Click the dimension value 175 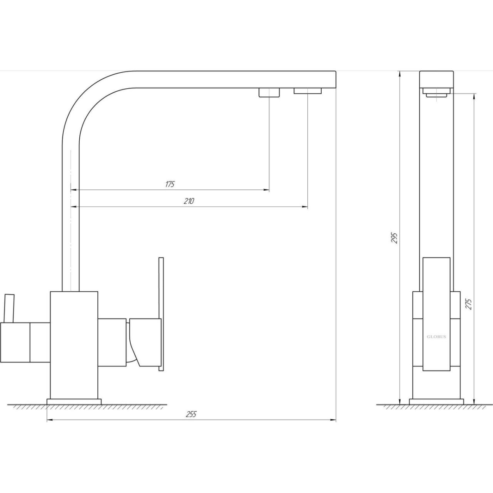coord(170,184)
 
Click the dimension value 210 coord(189,201)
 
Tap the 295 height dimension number coord(395,238)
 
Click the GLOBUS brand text coord(436,337)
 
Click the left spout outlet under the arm coord(269,92)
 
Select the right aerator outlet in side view coord(307,91)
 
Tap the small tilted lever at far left coord(9,309)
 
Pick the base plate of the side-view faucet coord(436,402)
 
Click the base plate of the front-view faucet coord(74,402)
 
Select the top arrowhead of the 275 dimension coord(475,96)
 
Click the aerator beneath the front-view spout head coord(436,92)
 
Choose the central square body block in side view coord(436,345)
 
